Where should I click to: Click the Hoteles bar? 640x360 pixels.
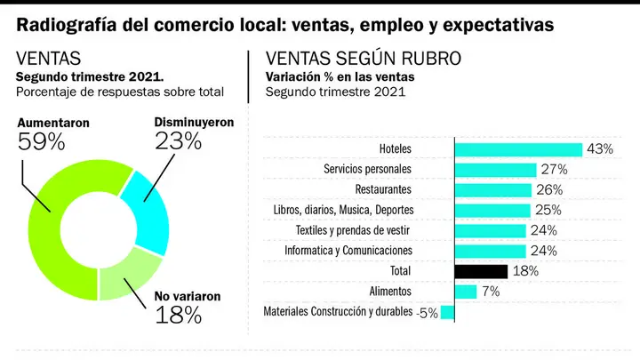518,150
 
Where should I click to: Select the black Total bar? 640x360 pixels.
481,272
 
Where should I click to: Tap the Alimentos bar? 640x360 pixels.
466,292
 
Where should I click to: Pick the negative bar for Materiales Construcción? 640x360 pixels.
448,312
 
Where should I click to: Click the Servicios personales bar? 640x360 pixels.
495,170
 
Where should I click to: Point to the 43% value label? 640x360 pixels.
600,149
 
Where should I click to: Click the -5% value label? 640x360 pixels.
428,313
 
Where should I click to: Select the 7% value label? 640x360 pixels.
491,292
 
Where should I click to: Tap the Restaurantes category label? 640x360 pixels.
383,189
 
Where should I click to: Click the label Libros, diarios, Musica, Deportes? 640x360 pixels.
343,210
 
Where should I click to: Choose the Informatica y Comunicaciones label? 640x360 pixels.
348,250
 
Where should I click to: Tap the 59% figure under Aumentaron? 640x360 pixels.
41,142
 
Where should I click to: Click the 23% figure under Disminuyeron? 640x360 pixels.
178,141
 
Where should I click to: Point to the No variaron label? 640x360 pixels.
188,296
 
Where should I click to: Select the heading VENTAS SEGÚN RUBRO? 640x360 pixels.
364,59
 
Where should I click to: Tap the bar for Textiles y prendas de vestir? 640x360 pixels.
491,231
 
